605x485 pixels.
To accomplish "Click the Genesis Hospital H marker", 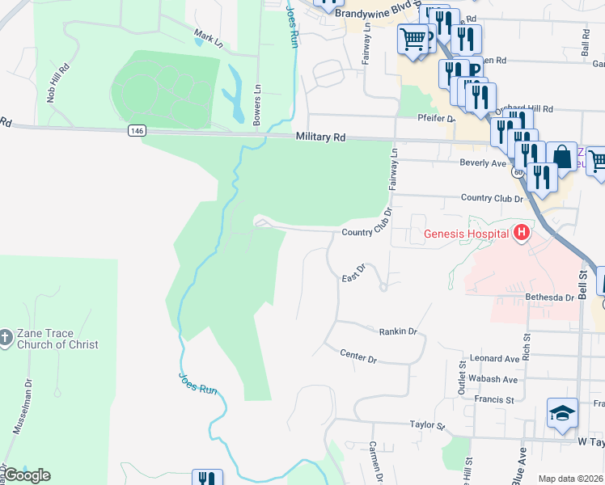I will click(x=522, y=234).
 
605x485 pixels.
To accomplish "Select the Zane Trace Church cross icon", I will click(x=6, y=336).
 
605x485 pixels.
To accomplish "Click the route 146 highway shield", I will click(x=135, y=129).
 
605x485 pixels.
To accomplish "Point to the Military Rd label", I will click(x=320, y=137).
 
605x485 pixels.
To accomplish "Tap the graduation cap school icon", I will click(x=562, y=414).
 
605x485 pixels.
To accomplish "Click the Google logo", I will click(x=26, y=475).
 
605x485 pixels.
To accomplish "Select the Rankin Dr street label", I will click(x=397, y=331).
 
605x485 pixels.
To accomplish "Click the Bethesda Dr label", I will click(x=549, y=297).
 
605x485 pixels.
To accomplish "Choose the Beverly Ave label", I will click(x=483, y=163).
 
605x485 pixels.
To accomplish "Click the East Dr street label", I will click(x=354, y=275).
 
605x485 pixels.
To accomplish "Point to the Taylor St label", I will click(x=427, y=424).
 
